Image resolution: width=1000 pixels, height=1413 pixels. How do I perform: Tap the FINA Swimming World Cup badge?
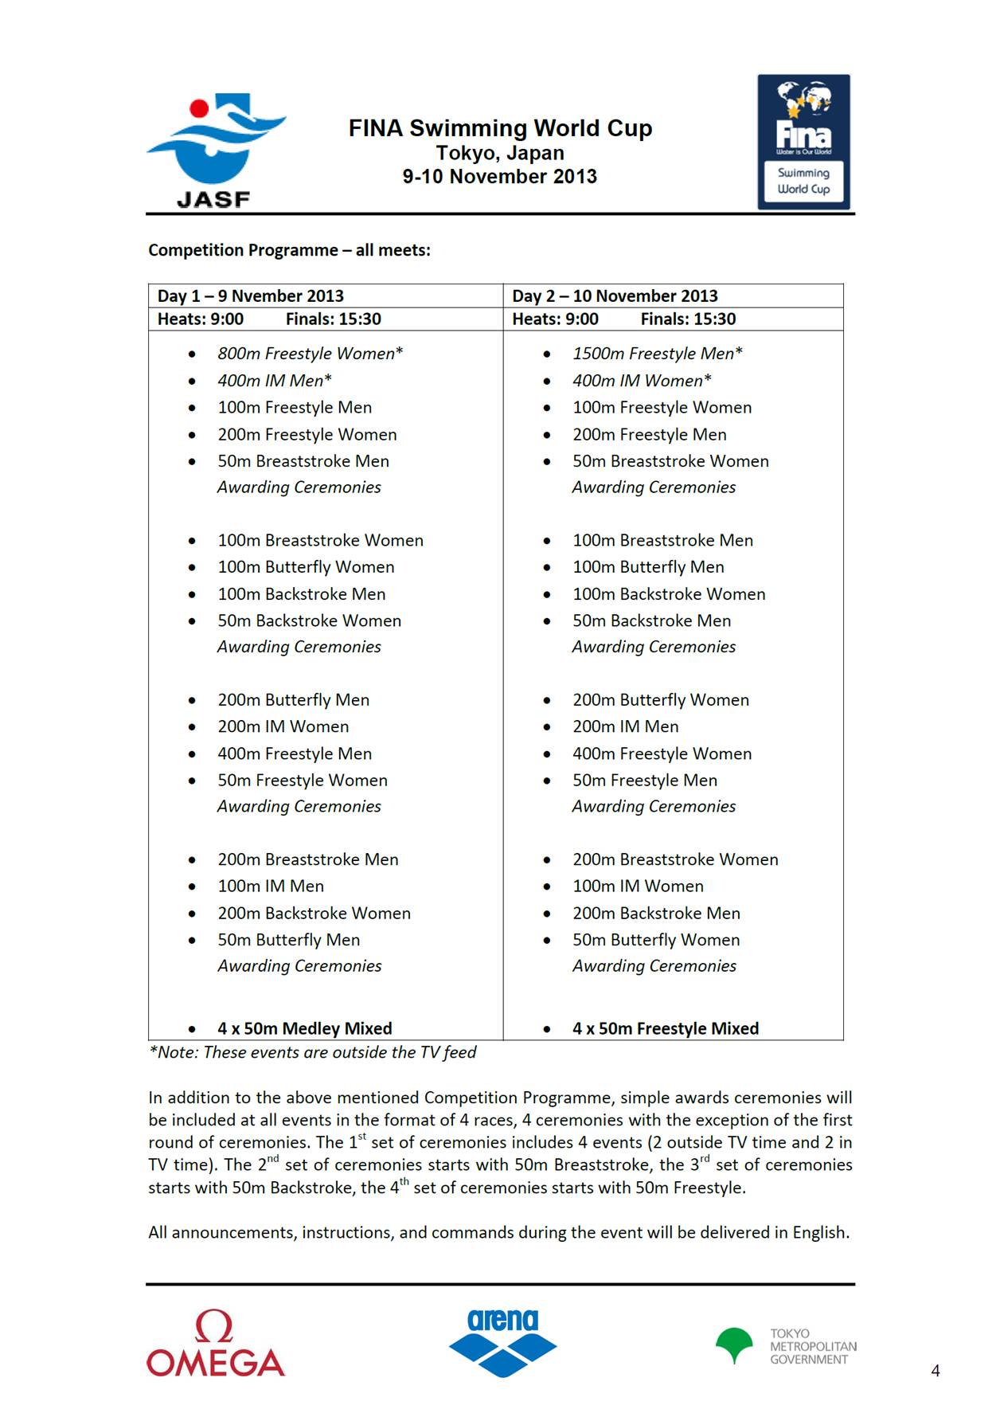click(803, 142)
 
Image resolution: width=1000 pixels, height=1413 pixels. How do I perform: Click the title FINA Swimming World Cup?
click(500, 128)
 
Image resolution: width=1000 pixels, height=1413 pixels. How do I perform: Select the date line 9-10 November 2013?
click(500, 177)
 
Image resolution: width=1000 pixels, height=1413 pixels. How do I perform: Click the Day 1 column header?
click(251, 296)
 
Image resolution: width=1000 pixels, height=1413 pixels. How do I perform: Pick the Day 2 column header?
click(615, 296)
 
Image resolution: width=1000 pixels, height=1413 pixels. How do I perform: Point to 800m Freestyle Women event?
click(311, 354)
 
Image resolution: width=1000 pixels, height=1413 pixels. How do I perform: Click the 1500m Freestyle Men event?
click(658, 354)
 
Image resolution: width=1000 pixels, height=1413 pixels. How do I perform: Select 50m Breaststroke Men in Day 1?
click(303, 461)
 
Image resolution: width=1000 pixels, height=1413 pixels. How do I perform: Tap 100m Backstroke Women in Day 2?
click(669, 594)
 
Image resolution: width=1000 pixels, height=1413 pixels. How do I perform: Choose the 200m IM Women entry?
click(283, 726)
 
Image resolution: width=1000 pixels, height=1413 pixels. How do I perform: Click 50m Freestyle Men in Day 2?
click(645, 781)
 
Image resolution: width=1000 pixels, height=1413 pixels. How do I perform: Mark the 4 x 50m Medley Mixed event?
click(305, 1028)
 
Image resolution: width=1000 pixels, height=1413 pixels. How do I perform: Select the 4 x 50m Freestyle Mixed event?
click(666, 1028)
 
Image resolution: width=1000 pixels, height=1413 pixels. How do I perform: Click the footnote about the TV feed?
click(312, 1052)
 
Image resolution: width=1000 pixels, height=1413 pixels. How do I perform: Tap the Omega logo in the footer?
click(215, 1345)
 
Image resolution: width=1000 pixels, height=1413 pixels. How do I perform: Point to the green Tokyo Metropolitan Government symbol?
click(734, 1345)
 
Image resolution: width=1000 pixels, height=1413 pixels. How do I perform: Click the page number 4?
click(936, 1371)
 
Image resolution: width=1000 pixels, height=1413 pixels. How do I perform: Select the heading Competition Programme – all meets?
click(289, 250)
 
